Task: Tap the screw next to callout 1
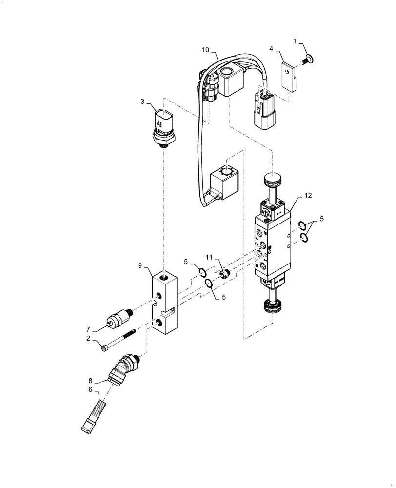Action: [308, 61]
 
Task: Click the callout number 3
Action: [142, 102]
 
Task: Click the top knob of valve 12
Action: [272, 180]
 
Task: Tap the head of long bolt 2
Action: [104, 347]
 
